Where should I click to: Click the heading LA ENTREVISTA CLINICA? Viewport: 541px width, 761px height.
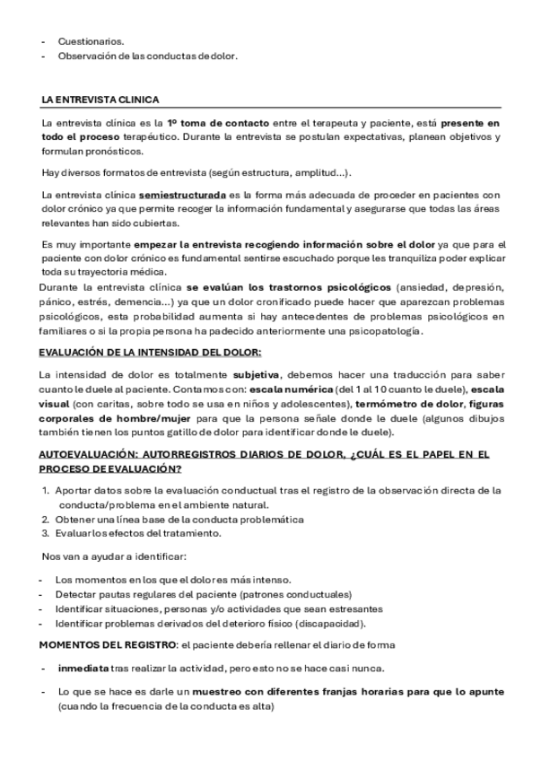(x=100, y=100)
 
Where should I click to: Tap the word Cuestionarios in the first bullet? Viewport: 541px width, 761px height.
(x=92, y=41)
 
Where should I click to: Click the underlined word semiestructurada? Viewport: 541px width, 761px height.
(x=182, y=194)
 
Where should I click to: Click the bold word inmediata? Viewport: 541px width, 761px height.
(x=82, y=669)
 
